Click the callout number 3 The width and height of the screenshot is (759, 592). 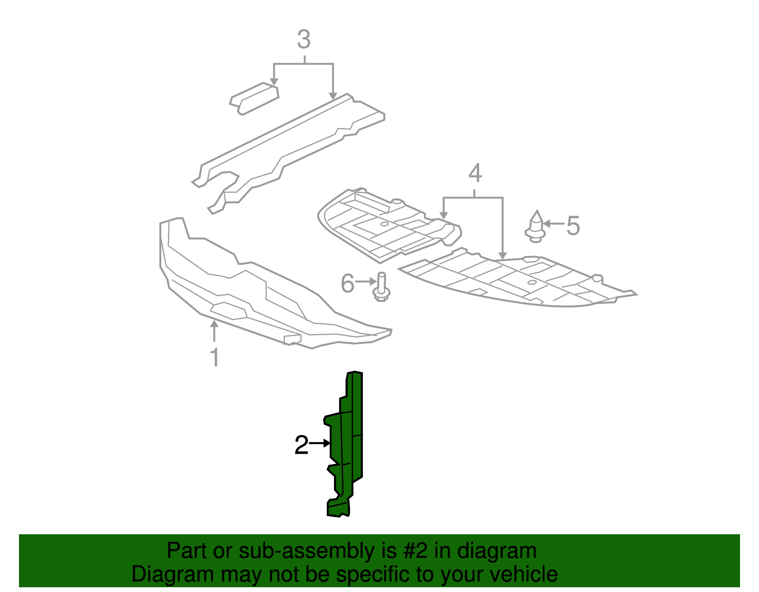coord(304,39)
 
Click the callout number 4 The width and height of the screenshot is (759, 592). coord(475,173)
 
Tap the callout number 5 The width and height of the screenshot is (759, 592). coord(573,226)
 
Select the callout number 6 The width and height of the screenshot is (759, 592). coord(347,283)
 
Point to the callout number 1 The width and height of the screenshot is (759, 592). coord(215,357)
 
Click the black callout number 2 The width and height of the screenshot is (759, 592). coord(301,445)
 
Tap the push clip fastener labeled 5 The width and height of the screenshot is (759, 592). coord(536,227)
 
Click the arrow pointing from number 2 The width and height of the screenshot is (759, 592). coord(320,443)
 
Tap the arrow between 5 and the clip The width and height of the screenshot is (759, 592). coord(554,224)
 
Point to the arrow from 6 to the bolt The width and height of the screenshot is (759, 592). coord(366,282)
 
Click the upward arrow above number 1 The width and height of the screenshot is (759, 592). coord(214,331)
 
